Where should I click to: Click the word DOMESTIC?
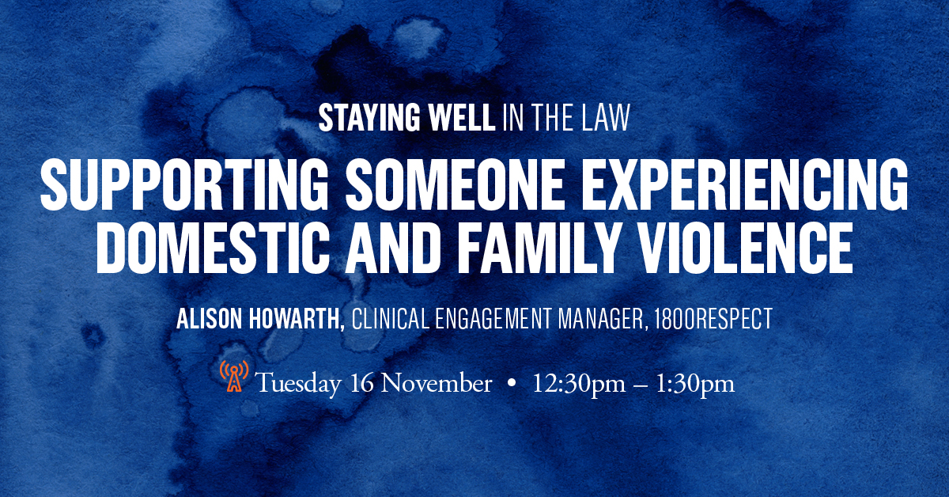coord(213,248)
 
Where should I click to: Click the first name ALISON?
coord(209,318)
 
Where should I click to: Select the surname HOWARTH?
coord(297,319)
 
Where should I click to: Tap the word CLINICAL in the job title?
coord(390,318)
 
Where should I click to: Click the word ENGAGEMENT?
coord(493,318)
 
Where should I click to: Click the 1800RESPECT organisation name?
coord(713,318)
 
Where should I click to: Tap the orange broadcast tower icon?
coord(234,376)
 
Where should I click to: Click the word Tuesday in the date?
coord(298,384)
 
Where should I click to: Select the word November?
coord(437,383)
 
